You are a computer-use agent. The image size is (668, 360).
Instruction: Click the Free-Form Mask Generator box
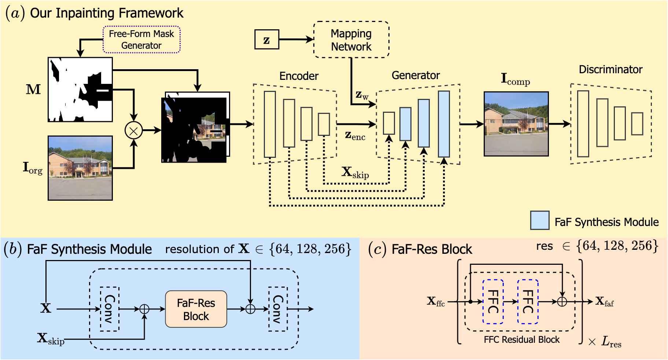(141, 40)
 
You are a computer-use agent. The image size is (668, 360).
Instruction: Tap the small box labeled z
(267, 40)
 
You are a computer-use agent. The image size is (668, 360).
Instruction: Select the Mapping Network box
(351, 40)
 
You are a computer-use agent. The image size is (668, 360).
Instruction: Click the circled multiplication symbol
(134, 130)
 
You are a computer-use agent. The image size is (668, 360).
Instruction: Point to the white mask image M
(80, 89)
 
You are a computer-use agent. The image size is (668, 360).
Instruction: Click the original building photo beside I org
(80, 168)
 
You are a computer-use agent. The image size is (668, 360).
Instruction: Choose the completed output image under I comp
(516, 124)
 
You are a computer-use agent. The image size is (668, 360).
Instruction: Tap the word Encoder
(299, 76)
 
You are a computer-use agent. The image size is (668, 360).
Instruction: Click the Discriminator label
(610, 70)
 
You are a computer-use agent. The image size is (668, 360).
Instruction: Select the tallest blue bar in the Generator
(444, 124)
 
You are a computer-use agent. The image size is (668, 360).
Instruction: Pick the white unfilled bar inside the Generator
(389, 123)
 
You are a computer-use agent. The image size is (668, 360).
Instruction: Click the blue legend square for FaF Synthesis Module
(540, 220)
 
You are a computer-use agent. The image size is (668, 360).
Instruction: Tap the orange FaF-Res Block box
(196, 309)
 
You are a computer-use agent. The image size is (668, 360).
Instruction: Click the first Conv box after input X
(110, 309)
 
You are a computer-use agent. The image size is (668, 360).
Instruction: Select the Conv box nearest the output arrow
(278, 309)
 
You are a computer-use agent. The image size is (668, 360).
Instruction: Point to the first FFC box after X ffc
(493, 302)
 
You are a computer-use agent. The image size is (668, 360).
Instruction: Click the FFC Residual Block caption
(521, 340)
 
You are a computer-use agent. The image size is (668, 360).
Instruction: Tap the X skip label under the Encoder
(355, 172)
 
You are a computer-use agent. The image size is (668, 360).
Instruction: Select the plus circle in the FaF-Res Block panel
(562, 302)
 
